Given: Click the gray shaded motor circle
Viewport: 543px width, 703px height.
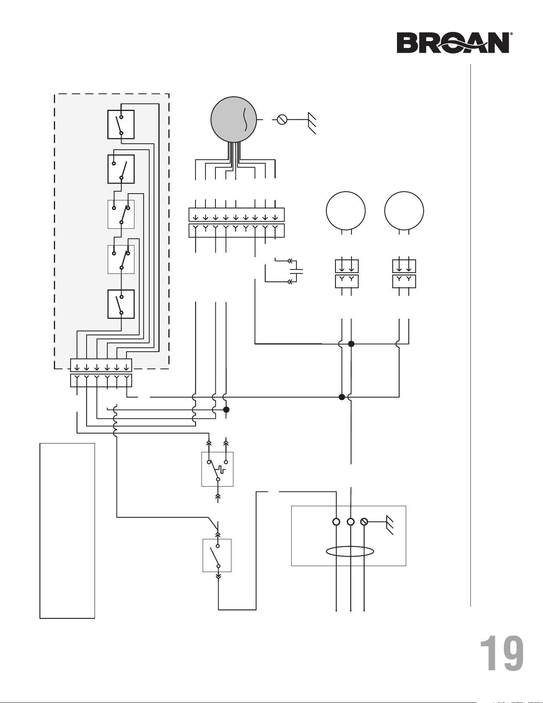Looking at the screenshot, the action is (x=234, y=119).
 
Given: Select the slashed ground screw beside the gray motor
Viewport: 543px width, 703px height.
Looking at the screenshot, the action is (x=282, y=119).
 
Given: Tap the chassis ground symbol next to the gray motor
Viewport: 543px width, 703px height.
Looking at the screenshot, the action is (x=312, y=123).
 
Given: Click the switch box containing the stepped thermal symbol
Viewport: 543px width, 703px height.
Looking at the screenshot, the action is (x=217, y=469).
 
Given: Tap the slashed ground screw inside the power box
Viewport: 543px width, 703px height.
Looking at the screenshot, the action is (x=364, y=522).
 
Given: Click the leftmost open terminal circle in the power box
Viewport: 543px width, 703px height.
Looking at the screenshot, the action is (x=336, y=522).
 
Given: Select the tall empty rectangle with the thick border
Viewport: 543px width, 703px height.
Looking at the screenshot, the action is (x=40, y=531).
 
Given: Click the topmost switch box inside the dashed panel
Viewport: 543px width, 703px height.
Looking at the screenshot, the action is (x=121, y=125).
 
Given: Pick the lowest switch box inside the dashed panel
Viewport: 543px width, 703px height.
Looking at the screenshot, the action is (x=121, y=304).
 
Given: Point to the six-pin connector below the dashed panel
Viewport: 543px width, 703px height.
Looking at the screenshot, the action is (x=101, y=373).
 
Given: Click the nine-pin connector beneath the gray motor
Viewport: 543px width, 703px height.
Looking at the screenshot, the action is (x=237, y=223).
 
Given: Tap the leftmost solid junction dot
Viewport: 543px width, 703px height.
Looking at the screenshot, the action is (x=226, y=410).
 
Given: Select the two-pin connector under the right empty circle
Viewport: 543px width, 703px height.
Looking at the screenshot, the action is (x=404, y=274).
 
